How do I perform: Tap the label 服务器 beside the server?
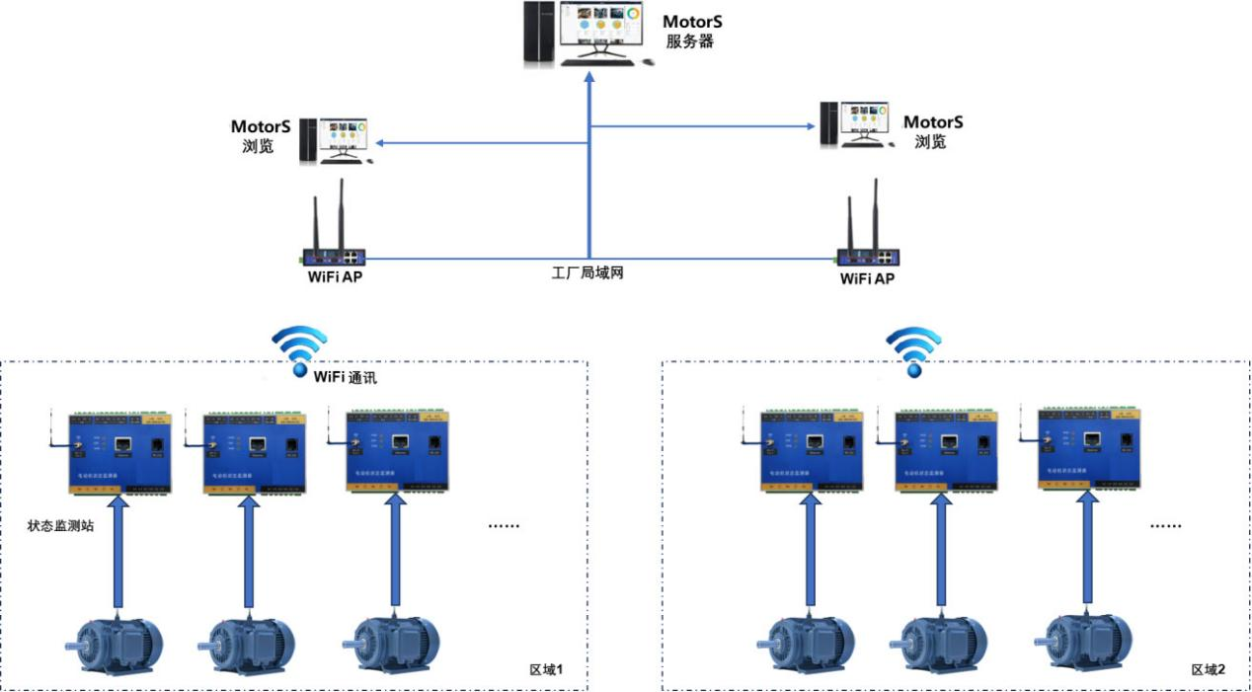tap(690, 41)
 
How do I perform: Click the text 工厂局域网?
tap(588, 272)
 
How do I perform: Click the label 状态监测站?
tap(60, 526)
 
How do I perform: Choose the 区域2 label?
tap(1208, 670)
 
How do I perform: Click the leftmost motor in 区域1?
tap(115, 642)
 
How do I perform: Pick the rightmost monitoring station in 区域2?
tap(1088, 445)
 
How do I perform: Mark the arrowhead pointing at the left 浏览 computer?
tap(378, 144)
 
